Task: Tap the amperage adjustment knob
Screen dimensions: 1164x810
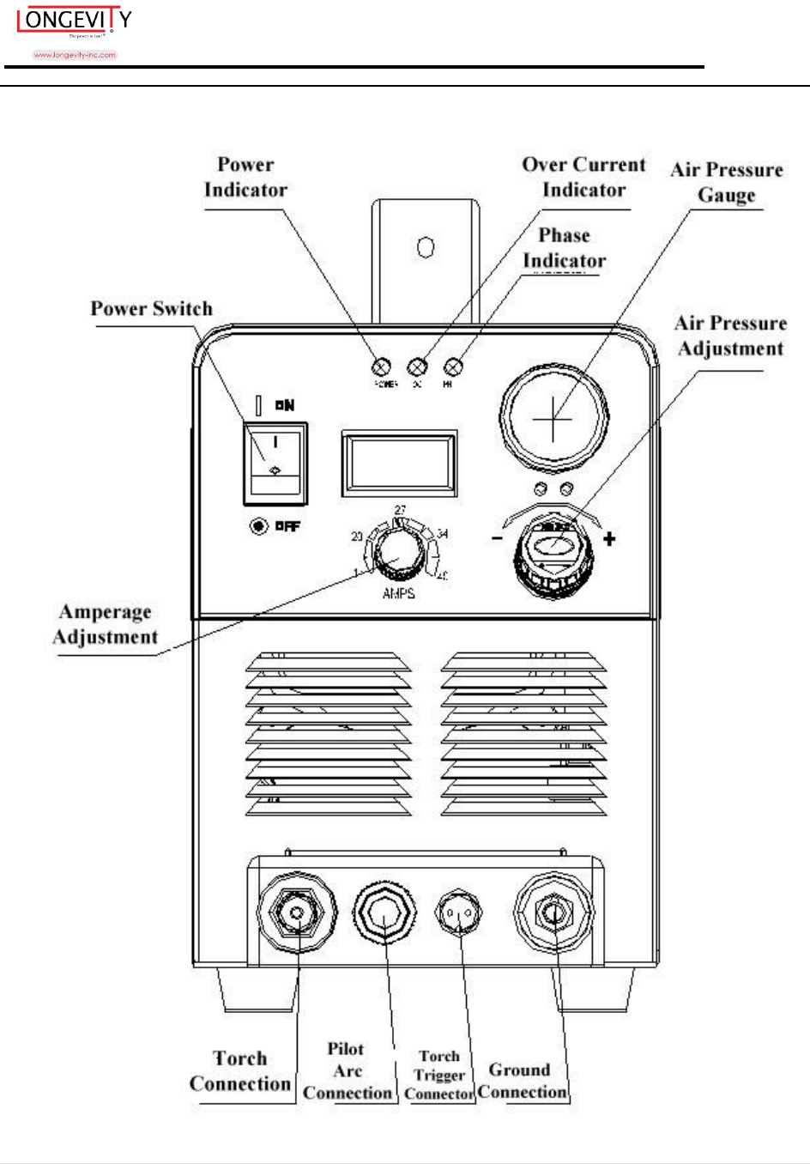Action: tap(398, 555)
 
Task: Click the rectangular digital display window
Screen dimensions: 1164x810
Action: tap(399, 463)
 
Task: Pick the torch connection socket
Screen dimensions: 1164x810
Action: tap(298, 914)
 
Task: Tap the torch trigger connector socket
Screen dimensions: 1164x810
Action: tap(460, 915)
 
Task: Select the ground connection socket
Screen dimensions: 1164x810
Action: tap(552, 916)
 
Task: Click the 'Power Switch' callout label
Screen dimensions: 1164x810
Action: tap(152, 309)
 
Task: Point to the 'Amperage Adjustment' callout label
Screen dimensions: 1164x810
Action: tap(105, 624)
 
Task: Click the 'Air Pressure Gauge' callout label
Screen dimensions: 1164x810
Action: tap(726, 182)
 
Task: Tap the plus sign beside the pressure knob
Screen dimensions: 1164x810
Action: tap(609, 539)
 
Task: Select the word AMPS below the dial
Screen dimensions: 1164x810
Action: tap(399, 593)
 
